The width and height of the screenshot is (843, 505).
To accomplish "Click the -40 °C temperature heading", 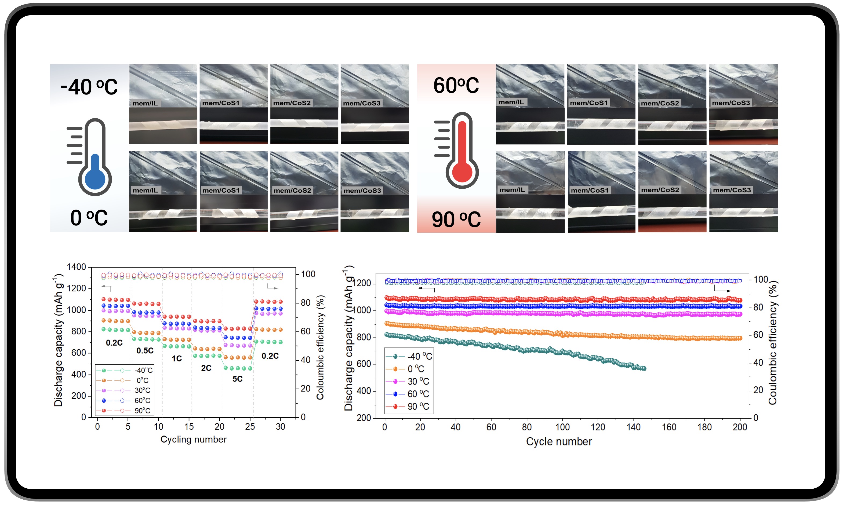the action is (89, 87).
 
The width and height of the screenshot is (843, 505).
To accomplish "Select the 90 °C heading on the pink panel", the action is (456, 219).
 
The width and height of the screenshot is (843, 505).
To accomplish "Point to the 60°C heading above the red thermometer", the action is (456, 85).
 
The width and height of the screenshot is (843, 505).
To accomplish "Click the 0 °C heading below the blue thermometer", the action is (89, 218).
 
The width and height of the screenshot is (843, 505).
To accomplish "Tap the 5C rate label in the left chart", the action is (237, 379).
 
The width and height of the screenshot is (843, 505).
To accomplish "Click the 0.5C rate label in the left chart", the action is (145, 350).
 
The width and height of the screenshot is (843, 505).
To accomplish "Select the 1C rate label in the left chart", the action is (177, 358).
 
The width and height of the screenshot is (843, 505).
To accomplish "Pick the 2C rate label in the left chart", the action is (206, 368).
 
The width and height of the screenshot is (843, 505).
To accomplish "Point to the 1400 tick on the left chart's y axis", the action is (77, 267).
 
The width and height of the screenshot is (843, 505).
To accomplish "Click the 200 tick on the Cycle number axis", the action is (740, 427).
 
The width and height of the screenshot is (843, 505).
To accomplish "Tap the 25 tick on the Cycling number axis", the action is (250, 426).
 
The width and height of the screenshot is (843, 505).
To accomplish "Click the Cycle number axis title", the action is (559, 442).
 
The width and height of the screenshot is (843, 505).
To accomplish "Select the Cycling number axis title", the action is (193, 439).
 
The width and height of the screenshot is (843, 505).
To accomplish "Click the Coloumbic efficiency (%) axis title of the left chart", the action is (320, 347).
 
